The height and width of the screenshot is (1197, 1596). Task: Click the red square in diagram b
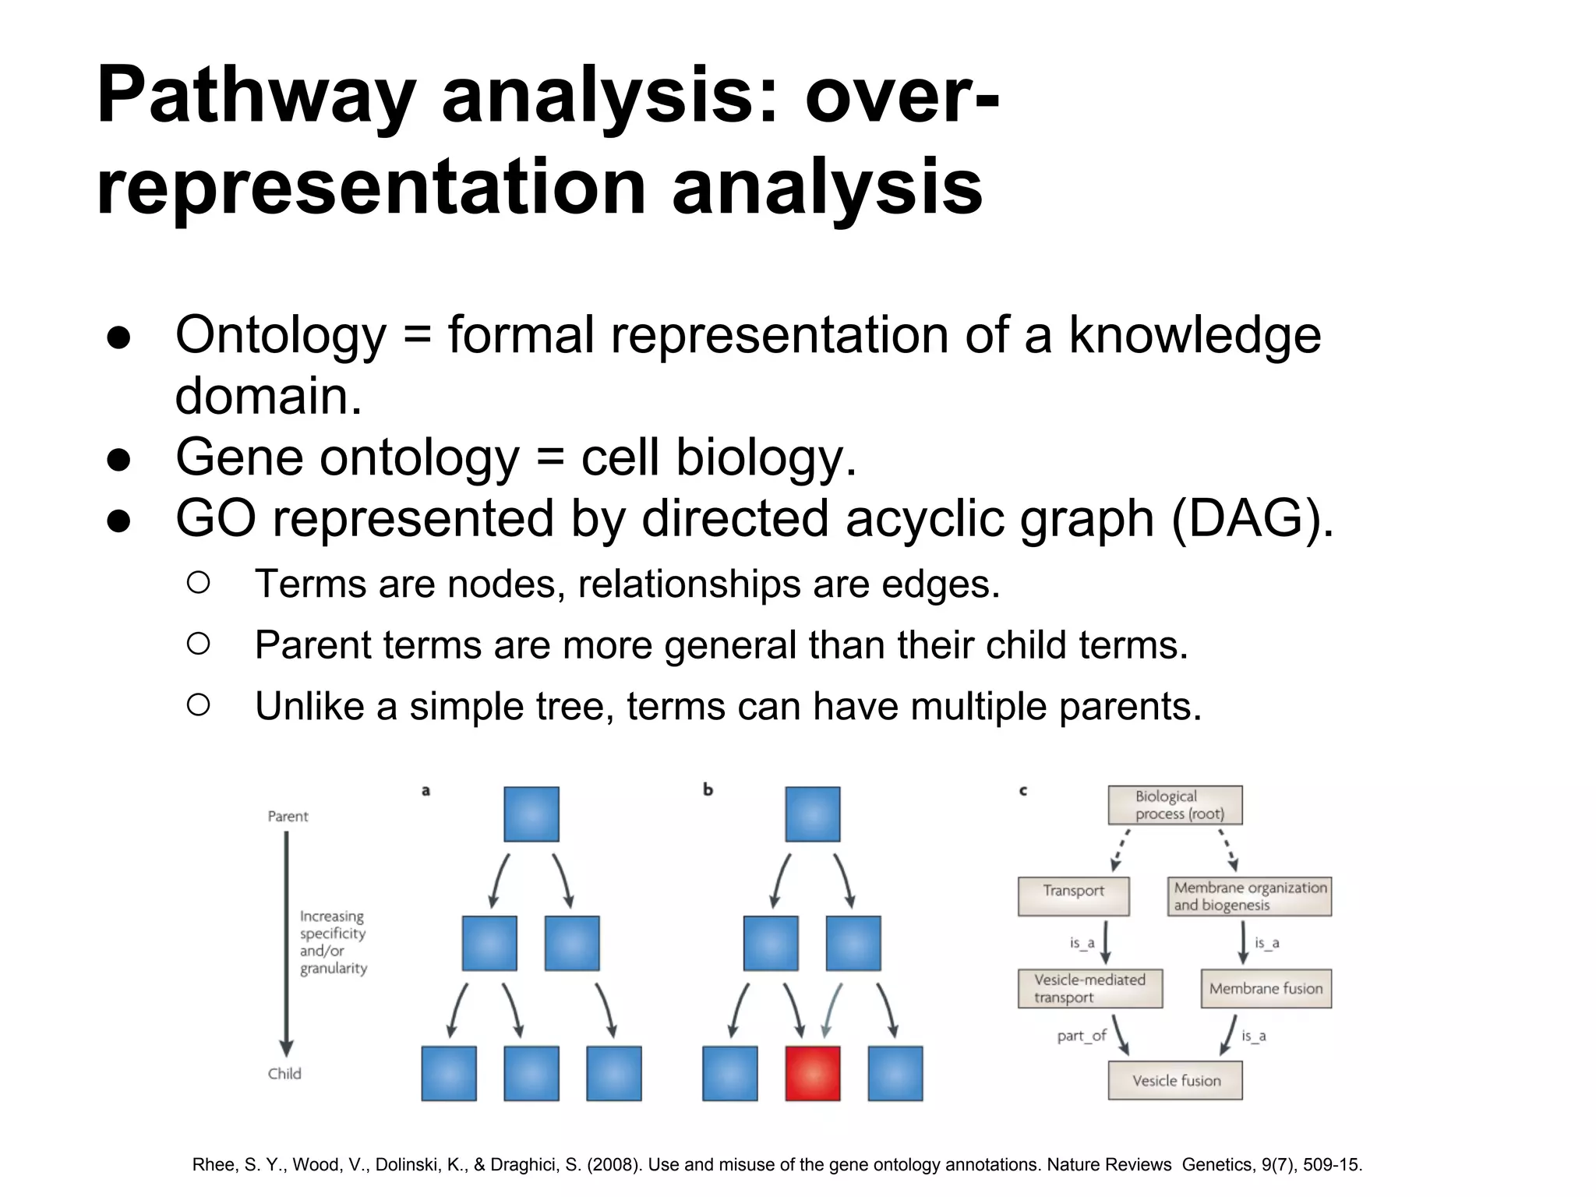pos(812,1073)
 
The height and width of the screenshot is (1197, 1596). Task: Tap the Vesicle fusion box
pos(1175,1080)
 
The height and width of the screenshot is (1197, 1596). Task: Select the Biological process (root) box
pos(1175,805)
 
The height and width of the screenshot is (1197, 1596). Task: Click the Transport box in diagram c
pos(1073,895)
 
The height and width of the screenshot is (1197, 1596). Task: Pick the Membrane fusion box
pos(1266,988)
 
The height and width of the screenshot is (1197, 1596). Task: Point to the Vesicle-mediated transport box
pos(1089,988)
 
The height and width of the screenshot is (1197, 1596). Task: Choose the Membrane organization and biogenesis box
pos(1249,896)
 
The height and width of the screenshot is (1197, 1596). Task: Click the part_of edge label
pos(1081,1036)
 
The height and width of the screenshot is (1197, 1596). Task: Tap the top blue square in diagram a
pos(531,814)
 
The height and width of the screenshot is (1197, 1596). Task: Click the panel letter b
pos(708,789)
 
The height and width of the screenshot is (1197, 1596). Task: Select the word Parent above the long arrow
pos(288,816)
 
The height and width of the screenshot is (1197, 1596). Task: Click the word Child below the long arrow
pos(284,1073)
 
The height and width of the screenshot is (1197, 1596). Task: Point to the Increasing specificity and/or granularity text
pos(333,942)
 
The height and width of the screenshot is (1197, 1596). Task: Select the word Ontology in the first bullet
pos(281,335)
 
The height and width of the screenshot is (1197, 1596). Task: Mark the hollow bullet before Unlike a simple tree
pos(199,705)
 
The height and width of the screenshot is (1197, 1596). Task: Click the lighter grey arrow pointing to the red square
pos(832,1010)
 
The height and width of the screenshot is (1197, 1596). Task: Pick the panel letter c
pos(1023,790)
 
